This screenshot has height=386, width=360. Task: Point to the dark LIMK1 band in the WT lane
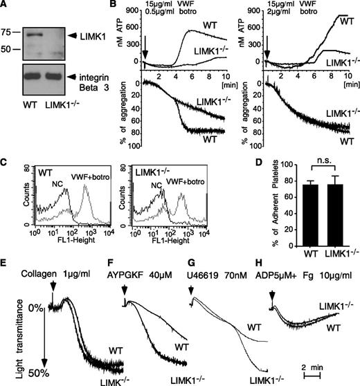[x=33, y=33]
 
